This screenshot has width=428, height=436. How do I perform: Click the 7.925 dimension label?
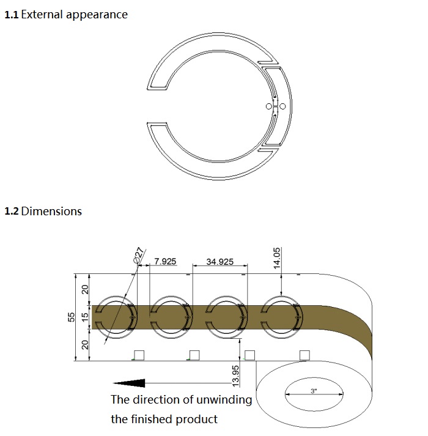point(165,262)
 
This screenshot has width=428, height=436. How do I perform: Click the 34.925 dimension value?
point(220,262)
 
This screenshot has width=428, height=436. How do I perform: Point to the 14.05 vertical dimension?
point(276,259)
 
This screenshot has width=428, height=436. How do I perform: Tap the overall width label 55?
point(71,316)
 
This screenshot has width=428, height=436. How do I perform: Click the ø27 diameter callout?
point(139,254)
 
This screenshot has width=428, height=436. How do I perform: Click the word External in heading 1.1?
point(42,15)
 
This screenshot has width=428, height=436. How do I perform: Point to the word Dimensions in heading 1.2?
point(51,212)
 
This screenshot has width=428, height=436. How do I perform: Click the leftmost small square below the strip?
point(139,355)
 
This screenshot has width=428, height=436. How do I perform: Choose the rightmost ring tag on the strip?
point(282,317)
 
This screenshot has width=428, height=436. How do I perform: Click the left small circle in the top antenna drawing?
point(269,107)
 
